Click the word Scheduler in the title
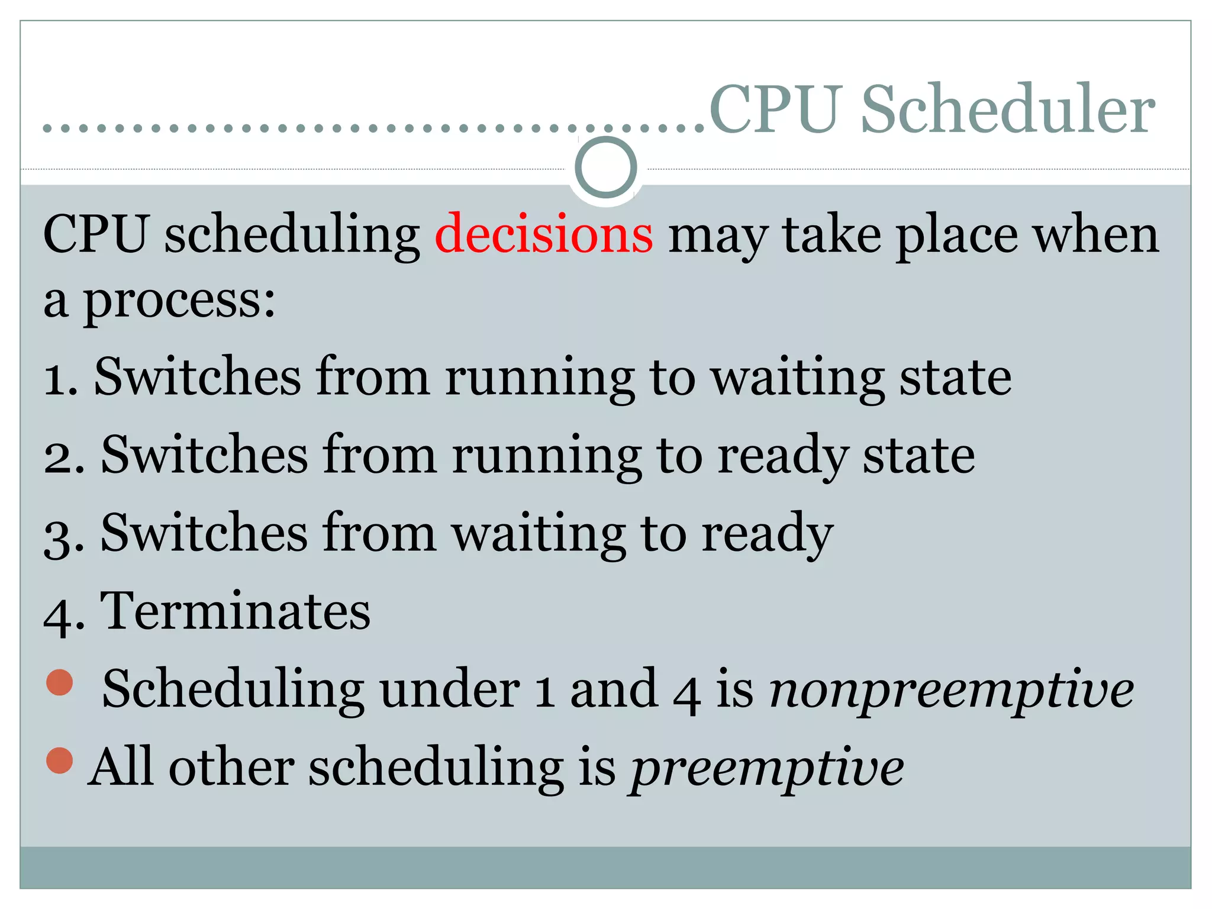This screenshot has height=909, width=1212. point(1007,109)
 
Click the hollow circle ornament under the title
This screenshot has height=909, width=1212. point(605,167)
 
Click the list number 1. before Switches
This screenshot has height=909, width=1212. point(61,379)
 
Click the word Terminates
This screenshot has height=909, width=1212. point(235,611)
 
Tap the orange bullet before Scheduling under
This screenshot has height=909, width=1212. point(60,682)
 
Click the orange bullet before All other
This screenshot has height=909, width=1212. point(60,760)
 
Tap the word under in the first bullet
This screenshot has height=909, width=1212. point(450,689)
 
